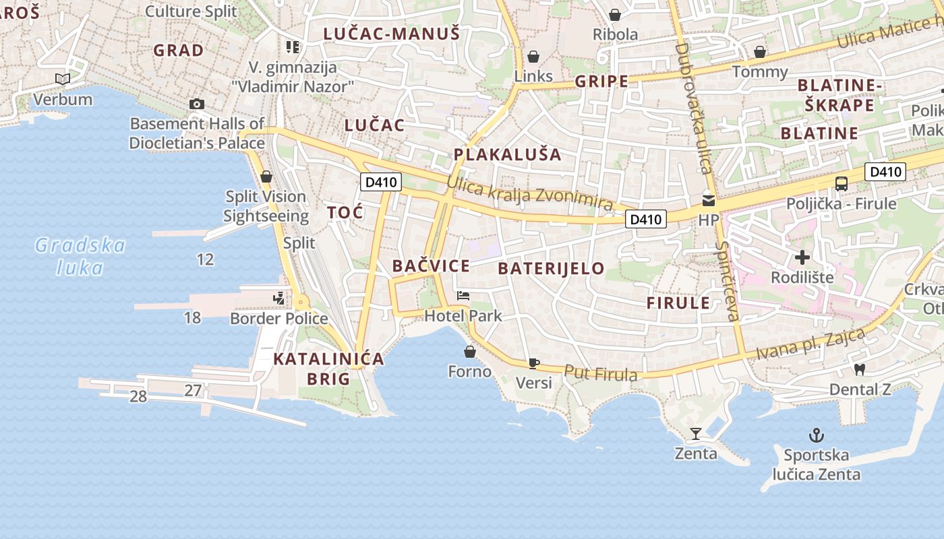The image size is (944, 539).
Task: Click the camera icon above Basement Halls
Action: (x=196, y=104)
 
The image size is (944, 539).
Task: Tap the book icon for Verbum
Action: (x=63, y=79)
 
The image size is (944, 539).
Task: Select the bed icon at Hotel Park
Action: (x=463, y=296)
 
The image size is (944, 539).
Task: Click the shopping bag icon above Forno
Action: (x=470, y=352)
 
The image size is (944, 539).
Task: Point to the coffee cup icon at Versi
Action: (x=534, y=364)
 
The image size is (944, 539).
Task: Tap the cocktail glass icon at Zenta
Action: (x=696, y=433)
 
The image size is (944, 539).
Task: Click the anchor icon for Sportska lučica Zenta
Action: (x=817, y=435)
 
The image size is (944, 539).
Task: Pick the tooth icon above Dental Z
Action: (x=859, y=369)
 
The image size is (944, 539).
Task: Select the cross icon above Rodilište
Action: (x=802, y=257)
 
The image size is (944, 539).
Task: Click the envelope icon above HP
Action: (x=709, y=200)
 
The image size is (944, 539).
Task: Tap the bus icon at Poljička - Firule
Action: (x=842, y=183)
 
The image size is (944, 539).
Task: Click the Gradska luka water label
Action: (x=80, y=256)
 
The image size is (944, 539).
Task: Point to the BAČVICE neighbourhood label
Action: (x=431, y=265)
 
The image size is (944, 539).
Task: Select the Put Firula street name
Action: (x=600, y=373)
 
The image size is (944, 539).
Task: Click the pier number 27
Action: (x=193, y=390)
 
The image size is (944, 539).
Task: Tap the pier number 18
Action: (x=192, y=317)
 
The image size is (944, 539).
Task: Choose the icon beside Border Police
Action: (x=278, y=298)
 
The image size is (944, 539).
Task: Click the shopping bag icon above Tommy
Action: (x=760, y=52)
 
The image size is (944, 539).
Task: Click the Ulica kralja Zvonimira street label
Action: (x=530, y=193)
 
